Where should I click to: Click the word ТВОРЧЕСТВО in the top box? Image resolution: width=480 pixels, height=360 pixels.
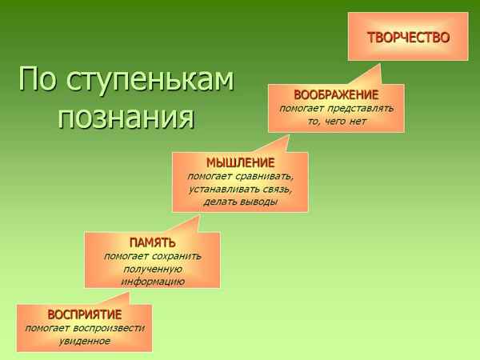click(408, 38)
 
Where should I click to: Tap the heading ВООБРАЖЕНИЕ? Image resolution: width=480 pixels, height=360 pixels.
click(336, 94)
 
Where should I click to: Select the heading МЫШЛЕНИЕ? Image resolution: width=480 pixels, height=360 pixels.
click(240, 163)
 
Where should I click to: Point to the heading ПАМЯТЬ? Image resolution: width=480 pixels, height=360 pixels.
click(152, 242)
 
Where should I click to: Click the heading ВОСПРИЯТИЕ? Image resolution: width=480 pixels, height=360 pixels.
click(84, 314)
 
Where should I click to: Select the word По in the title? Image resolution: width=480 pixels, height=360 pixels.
click(35, 81)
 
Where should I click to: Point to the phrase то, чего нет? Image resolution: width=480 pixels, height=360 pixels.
click(336, 120)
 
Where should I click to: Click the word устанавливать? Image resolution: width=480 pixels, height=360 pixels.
click(219, 189)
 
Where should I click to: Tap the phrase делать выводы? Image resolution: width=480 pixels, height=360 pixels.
click(240, 202)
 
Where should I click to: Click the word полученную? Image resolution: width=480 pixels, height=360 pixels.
click(152, 269)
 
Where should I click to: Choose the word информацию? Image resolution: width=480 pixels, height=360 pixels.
click(152, 282)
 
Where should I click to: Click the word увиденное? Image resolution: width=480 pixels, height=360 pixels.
click(84, 341)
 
